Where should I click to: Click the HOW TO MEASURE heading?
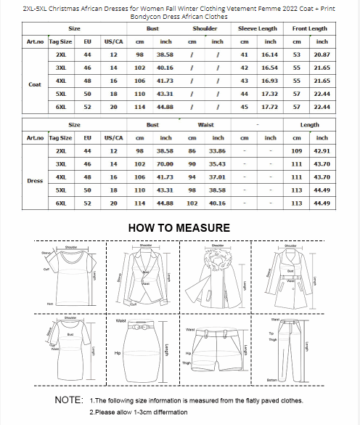pyautogui.click(x=179, y=228)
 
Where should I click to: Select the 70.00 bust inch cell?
pyautogui.click(x=165, y=164)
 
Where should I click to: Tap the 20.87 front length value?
pyautogui.click(x=322, y=55)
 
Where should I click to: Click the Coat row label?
pyautogui.click(x=34, y=84)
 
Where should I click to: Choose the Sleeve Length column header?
pyautogui.click(x=258, y=28)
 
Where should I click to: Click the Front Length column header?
pyautogui.click(x=309, y=28)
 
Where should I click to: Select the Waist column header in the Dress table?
pyautogui.click(x=205, y=125)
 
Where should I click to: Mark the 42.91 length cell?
pyautogui.click(x=322, y=150)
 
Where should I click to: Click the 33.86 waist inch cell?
pyautogui.click(x=218, y=150)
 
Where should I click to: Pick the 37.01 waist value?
pyautogui.click(x=218, y=177)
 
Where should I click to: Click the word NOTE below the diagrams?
pyautogui.click(x=70, y=400)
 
